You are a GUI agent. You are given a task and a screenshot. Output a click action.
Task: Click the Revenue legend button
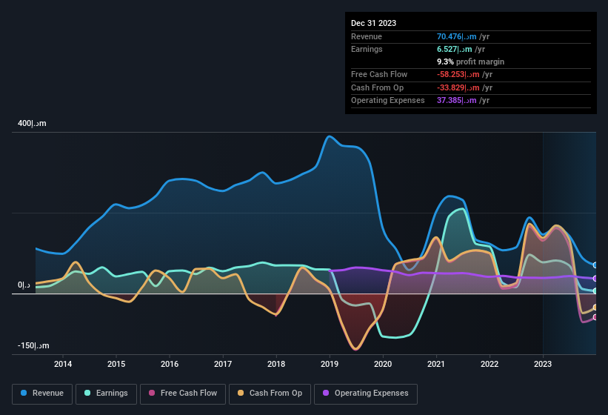43,394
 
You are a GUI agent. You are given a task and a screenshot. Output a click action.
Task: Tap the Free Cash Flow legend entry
182,394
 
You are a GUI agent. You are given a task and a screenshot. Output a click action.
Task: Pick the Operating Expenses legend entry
366,394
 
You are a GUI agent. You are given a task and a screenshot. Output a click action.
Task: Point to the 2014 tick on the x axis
63,364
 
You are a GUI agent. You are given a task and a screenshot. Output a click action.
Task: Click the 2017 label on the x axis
223,364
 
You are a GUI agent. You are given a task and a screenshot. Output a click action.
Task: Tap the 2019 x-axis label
330,364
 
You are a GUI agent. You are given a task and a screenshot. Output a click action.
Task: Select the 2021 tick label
436,364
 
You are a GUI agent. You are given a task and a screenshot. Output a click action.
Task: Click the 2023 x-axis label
543,364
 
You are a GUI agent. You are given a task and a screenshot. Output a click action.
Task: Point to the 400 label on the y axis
32,124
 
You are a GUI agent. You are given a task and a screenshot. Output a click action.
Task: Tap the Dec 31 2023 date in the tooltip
373,23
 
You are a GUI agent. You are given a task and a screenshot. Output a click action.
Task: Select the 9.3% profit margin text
470,62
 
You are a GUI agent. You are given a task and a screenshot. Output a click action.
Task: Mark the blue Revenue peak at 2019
330,136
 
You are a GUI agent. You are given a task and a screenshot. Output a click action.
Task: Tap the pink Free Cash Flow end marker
595,317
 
